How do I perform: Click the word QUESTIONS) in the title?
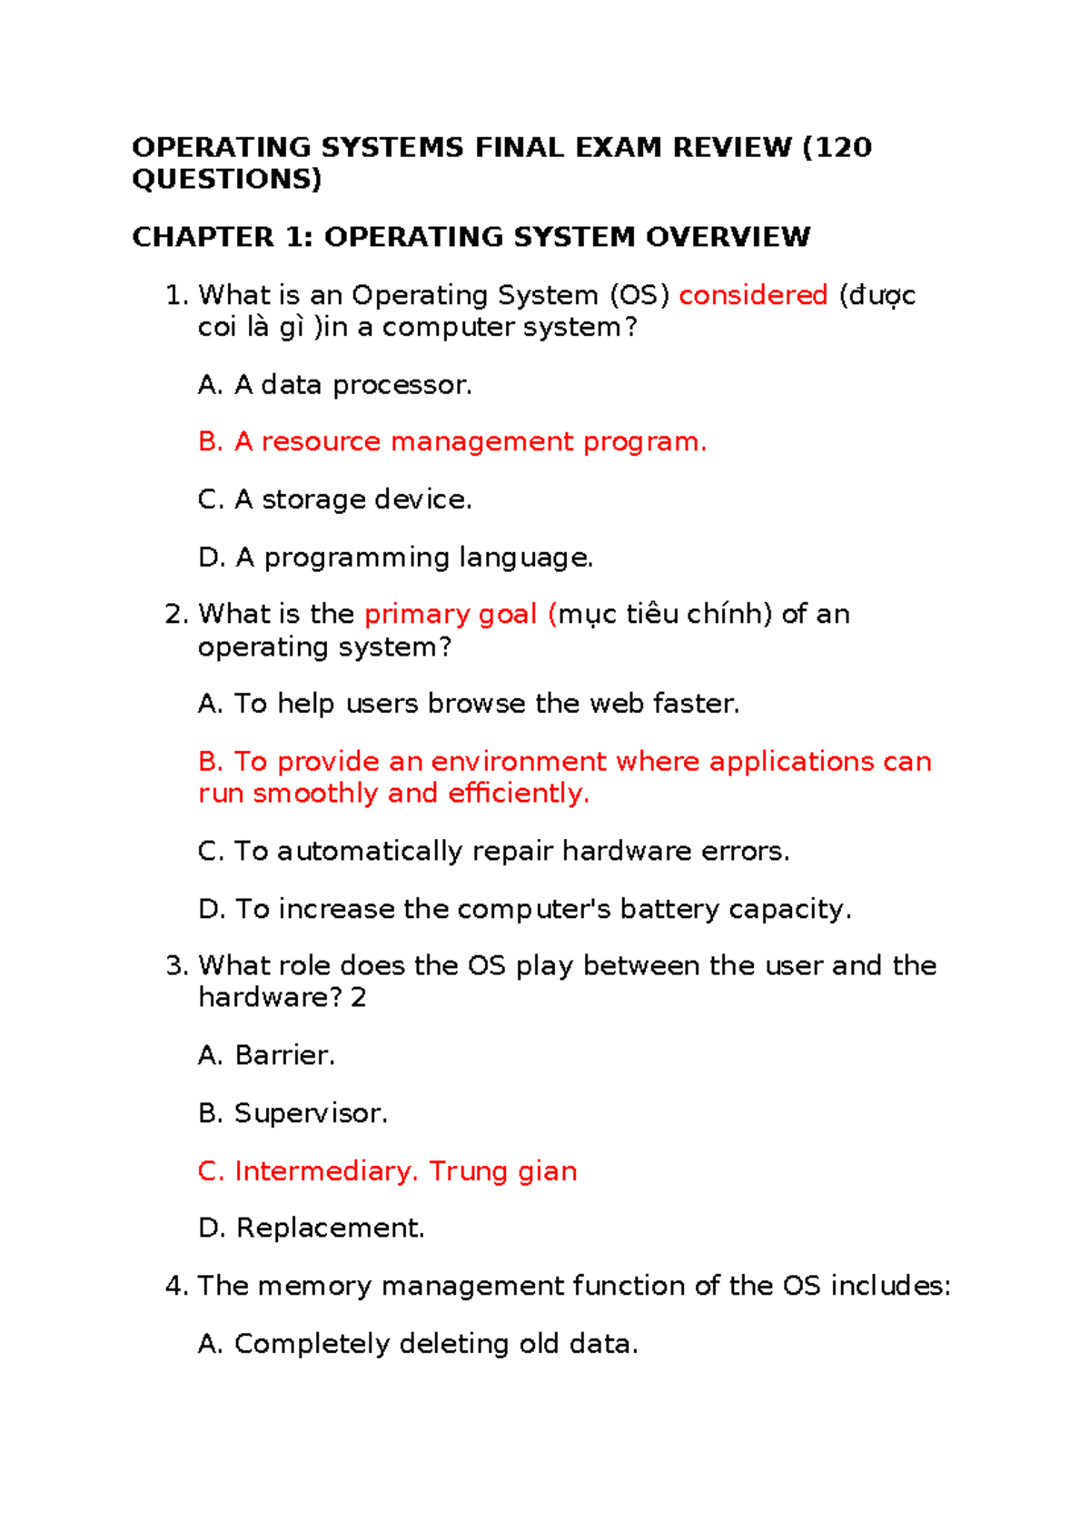point(226,179)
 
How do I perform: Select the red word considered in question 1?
point(753,295)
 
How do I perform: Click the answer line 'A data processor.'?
point(335,385)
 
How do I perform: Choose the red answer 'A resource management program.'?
point(452,442)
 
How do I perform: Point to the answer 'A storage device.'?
point(335,499)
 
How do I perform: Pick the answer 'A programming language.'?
point(396,558)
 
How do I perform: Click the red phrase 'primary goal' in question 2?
point(451,615)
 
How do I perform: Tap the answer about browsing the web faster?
point(469,704)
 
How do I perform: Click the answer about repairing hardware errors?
point(494,852)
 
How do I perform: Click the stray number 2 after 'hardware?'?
point(359,998)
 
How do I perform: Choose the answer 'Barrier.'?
point(267,1056)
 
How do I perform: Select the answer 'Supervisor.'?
point(293,1113)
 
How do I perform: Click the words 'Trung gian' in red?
point(502,1171)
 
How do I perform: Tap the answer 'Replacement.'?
point(312,1229)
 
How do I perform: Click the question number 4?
point(175,1287)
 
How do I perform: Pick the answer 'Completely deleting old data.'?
point(419,1344)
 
